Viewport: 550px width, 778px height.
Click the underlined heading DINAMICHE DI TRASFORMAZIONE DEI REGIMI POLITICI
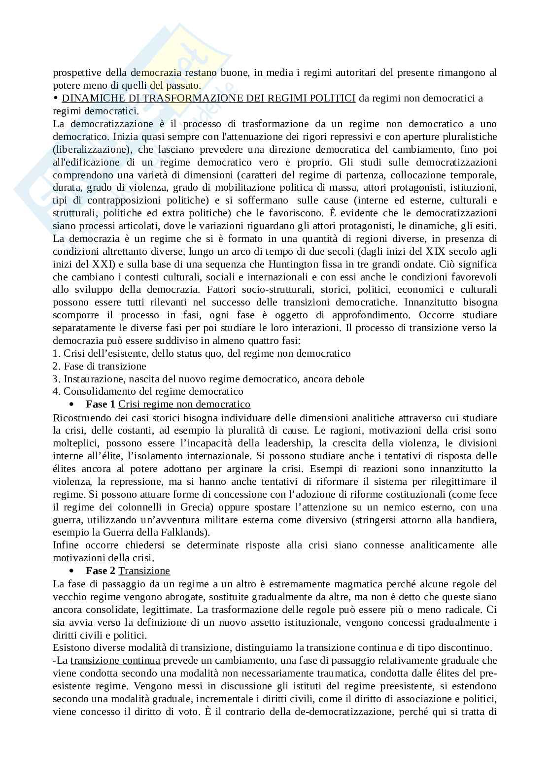208,98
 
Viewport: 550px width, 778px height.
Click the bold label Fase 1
101,404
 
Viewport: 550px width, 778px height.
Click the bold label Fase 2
101,571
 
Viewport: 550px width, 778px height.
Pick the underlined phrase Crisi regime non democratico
184,404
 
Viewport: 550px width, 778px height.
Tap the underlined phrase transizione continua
115,660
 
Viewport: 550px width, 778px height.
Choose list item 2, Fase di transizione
100,366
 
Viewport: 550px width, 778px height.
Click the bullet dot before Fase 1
72,405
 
